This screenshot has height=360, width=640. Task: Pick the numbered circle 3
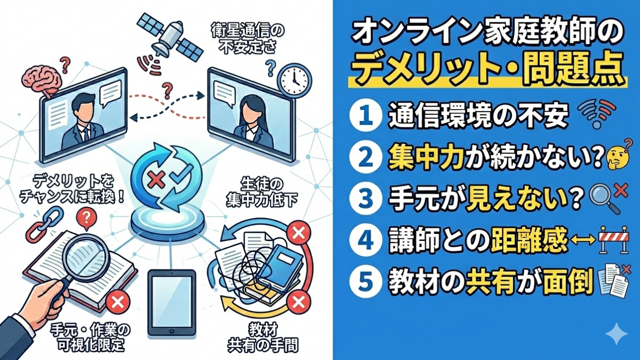366,199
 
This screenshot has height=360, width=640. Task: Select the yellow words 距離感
528,240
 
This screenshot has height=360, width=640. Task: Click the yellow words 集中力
426,158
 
